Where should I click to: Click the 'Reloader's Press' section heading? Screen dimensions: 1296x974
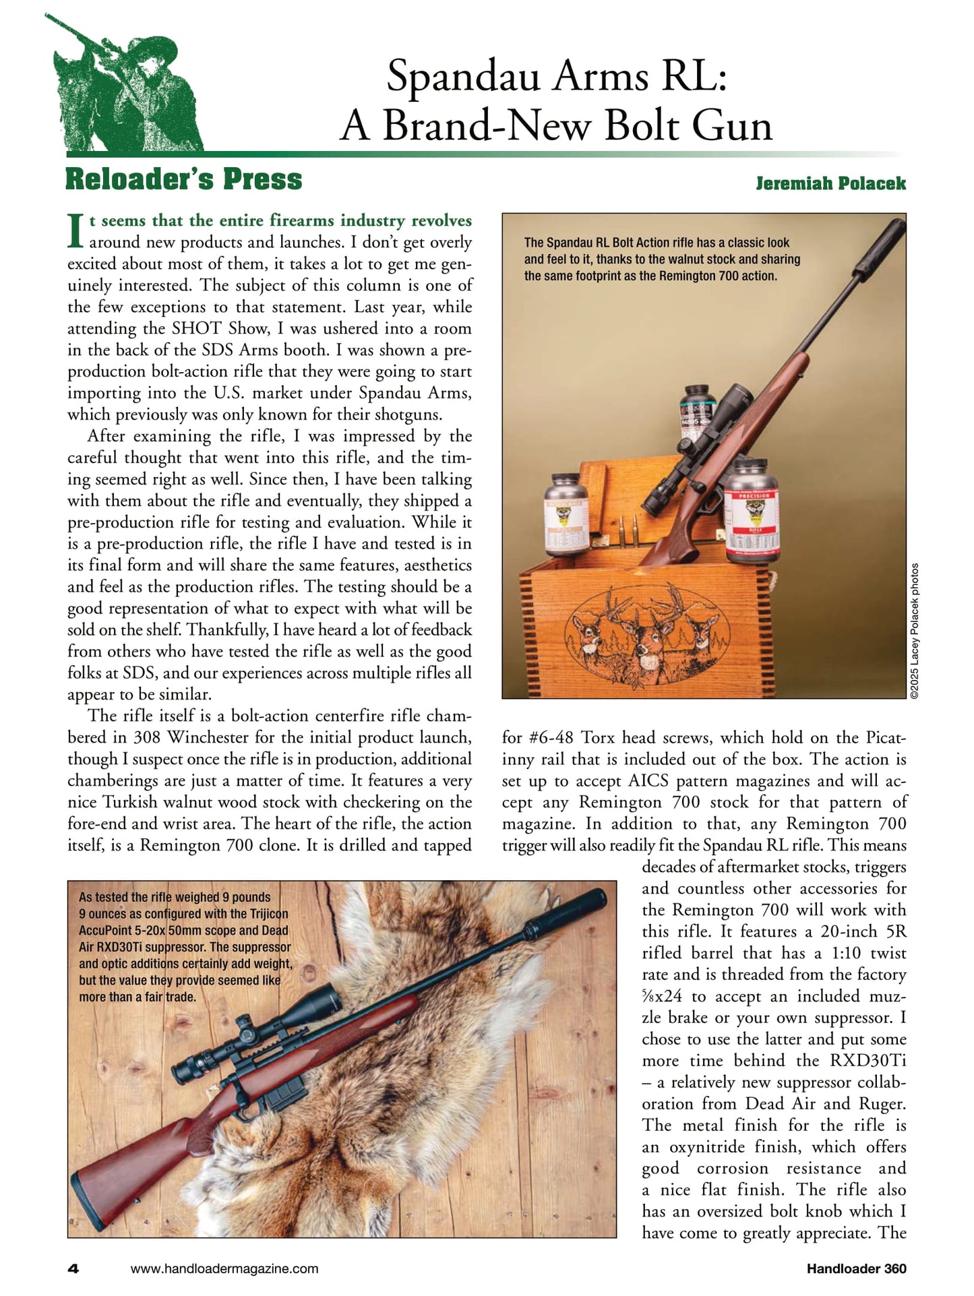pyautogui.click(x=183, y=179)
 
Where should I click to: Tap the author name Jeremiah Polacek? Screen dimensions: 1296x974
pyautogui.click(x=830, y=183)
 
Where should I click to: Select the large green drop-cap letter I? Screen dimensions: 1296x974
pyautogui.click(x=76, y=230)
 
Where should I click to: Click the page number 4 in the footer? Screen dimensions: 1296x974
pyautogui.click(x=73, y=1268)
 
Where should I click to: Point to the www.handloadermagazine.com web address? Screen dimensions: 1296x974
pyautogui.click(x=224, y=1268)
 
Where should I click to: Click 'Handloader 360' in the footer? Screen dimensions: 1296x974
pyautogui.click(x=856, y=1268)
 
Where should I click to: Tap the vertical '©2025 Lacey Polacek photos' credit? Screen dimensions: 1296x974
pyautogui.click(x=915, y=630)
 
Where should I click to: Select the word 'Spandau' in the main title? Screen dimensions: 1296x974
pyautogui.click(x=463, y=76)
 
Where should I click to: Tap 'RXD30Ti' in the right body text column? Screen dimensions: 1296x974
pyautogui.click(x=868, y=1061)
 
